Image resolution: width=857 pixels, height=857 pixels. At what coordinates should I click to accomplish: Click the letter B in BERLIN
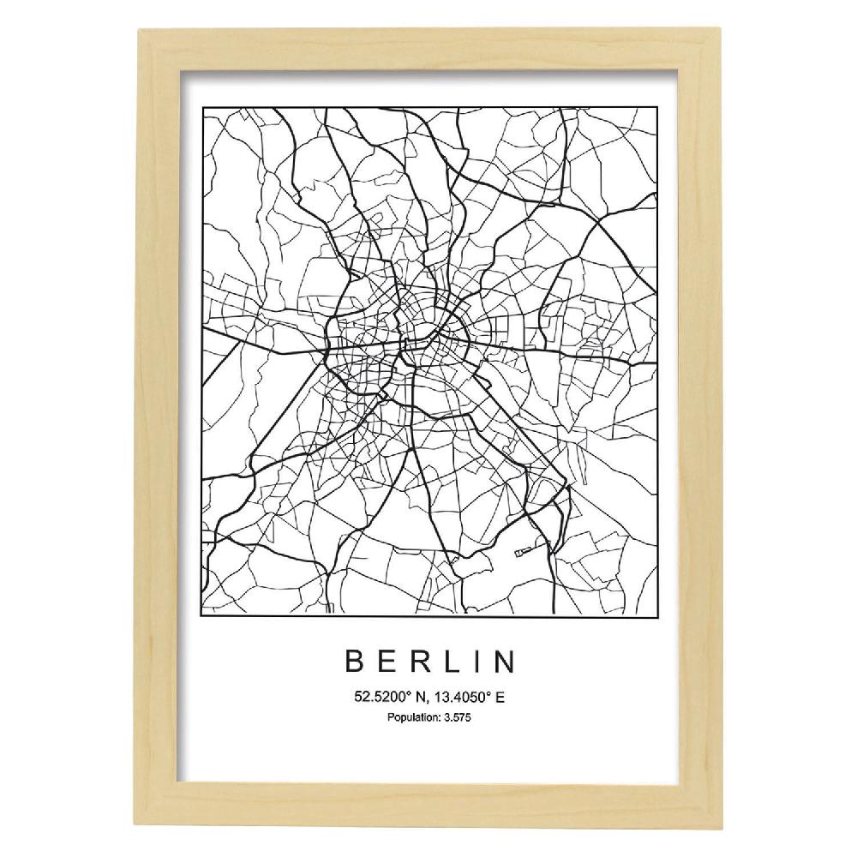click(355, 662)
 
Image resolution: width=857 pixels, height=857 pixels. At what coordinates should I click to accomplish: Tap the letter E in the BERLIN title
click(387, 662)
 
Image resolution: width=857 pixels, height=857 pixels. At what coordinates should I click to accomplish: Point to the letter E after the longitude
click(500, 698)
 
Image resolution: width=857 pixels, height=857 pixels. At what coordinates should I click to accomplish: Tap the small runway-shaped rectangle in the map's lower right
click(524, 550)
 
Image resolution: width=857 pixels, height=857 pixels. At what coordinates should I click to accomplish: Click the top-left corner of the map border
click(202, 108)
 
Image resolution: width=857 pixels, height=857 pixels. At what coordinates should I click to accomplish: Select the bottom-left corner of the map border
click(202, 614)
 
